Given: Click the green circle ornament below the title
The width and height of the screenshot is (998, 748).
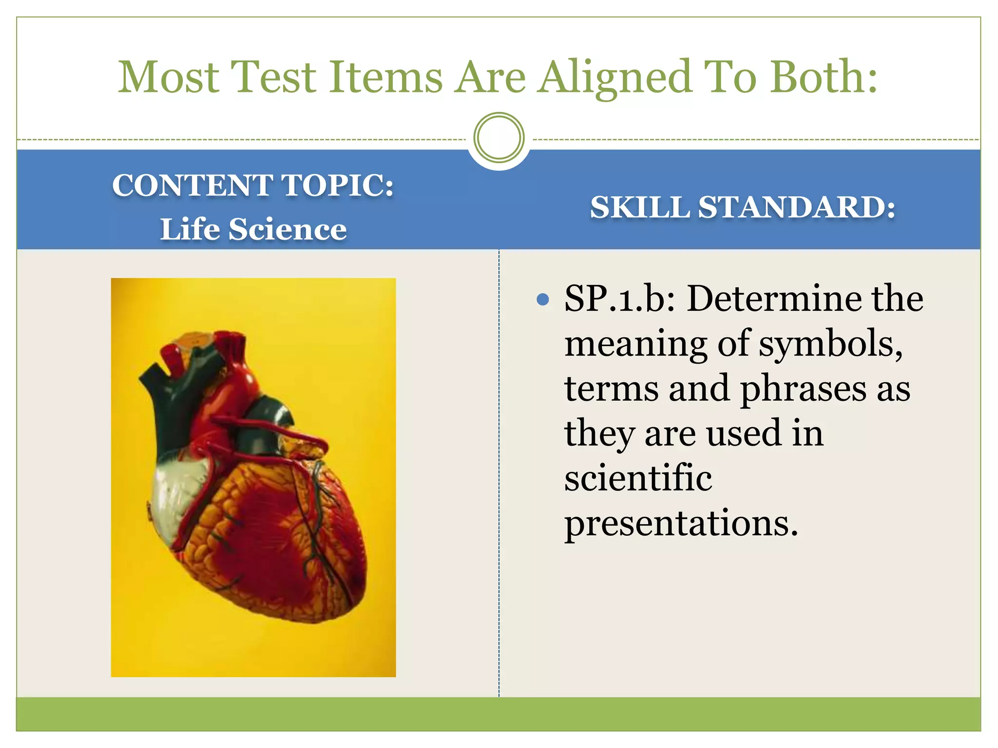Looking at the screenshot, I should pyautogui.click(x=499, y=138).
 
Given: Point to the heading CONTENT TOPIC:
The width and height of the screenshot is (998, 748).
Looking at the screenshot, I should pyautogui.click(x=253, y=186).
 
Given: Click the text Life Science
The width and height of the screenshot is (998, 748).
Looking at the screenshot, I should pyautogui.click(x=253, y=229).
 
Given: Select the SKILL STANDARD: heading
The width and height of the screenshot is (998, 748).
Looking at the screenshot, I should pyautogui.click(x=742, y=207).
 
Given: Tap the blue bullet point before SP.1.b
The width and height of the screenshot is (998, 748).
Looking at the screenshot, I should pyautogui.click(x=542, y=299).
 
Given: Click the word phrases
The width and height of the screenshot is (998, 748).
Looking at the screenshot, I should pyautogui.click(x=803, y=389).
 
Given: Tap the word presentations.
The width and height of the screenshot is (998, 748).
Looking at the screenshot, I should pyautogui.click(x=681, y=524).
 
